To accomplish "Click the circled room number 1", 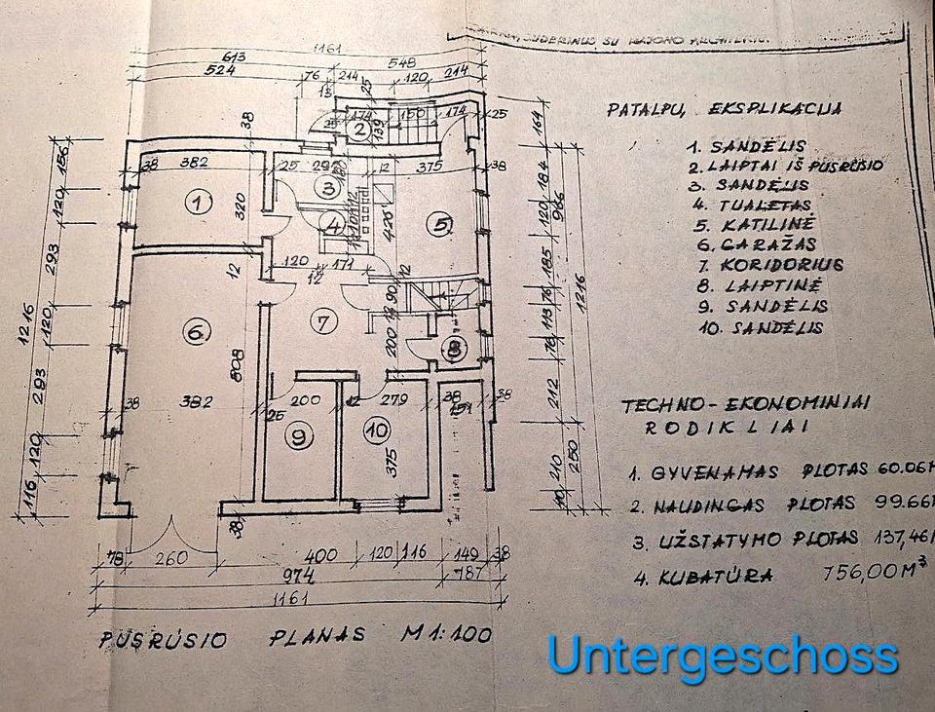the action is [199, 203].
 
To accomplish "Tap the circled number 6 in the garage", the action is [195, 332].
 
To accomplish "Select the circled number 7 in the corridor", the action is [325, 318].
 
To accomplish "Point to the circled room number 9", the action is [296, 436].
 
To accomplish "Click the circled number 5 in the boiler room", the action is [443, 225].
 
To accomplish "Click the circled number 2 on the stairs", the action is [359, 129].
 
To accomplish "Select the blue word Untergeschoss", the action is [722, 655].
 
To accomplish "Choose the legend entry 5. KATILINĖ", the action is [759, 224].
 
